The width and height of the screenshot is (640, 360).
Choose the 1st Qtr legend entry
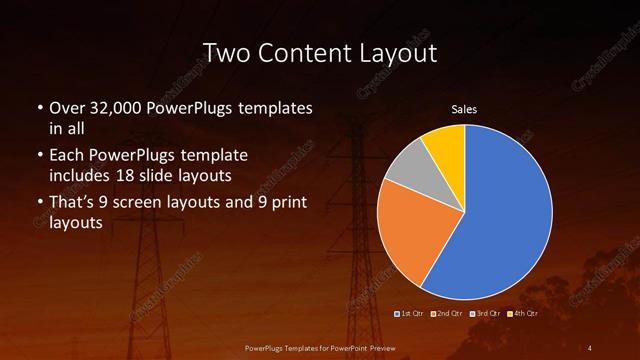[411, 313]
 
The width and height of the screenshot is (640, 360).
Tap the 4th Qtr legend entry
[523, 313]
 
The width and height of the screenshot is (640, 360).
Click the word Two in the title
[227, 53]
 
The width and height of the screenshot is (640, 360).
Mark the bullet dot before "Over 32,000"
[39, 108]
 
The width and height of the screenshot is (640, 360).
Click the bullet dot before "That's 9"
[39, 204]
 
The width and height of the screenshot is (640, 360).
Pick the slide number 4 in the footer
[591, 347]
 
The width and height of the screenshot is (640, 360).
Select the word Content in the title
[306, 53]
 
